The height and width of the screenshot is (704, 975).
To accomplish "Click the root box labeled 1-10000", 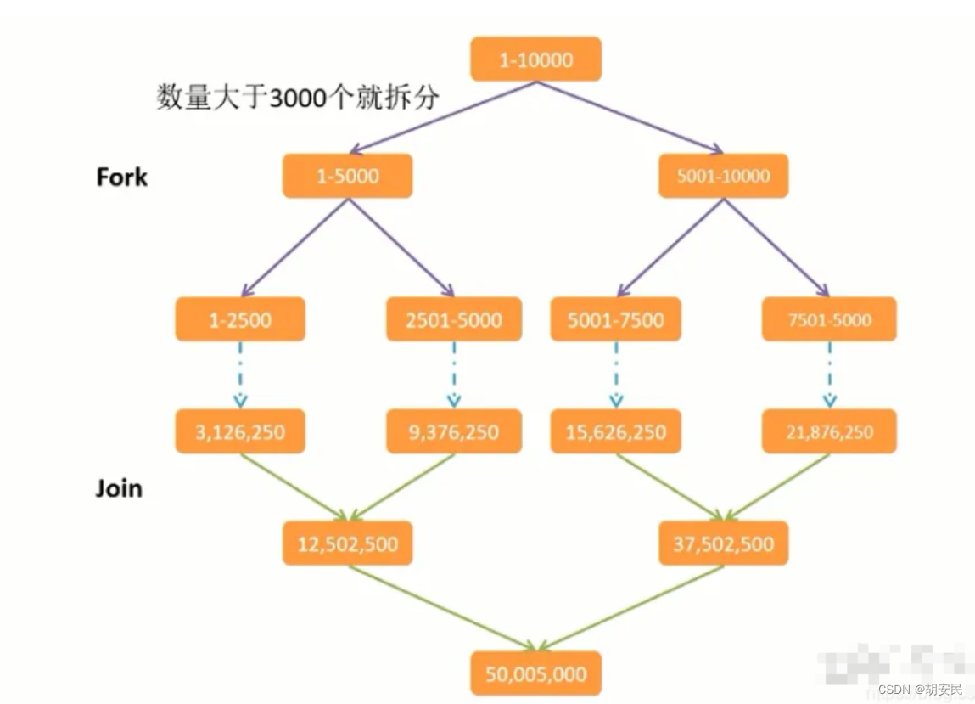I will pyautogui.click(x=535, y=59).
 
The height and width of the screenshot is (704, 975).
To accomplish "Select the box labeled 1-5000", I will pyautogui.click(x=347, y=177).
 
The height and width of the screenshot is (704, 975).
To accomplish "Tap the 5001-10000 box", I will pyautogui.click(x=723, y=177).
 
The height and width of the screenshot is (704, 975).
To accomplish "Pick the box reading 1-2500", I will pyautogui.click(x=240, y=319).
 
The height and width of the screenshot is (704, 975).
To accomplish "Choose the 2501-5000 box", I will pyautogui.click(x=454, y=319).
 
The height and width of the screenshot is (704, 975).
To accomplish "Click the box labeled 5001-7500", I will pyautogui.click(x=615, y=319).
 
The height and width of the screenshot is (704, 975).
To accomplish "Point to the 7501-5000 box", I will pyautogui.click(x=828, y=319).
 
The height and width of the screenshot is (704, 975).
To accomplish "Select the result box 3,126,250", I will pyautogui.click(x=240, y=431).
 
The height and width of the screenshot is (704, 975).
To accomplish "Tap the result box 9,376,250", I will pyautogui.click(x=454, y=431).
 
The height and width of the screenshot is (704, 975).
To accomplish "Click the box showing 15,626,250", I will pyautogui.click(x=615, y=431).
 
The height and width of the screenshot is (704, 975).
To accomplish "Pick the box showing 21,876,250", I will pyautogui.click(x=828, y=431).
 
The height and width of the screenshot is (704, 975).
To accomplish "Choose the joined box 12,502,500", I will pyautogui.click(x=347, y=543).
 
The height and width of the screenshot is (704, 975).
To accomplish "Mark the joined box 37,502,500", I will pyautogui.click(x=723, y=543).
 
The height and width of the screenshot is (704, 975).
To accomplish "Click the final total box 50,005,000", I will pyautogui.click(x=535, y=673).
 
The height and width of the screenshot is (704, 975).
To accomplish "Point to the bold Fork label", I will pyautogui.click(x=121, y=177).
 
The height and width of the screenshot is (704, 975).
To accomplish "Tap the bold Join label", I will pyautogui.click(x=119, y=488).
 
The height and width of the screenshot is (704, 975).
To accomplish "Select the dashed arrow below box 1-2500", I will pyautogui.click(x=240, y=375).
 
